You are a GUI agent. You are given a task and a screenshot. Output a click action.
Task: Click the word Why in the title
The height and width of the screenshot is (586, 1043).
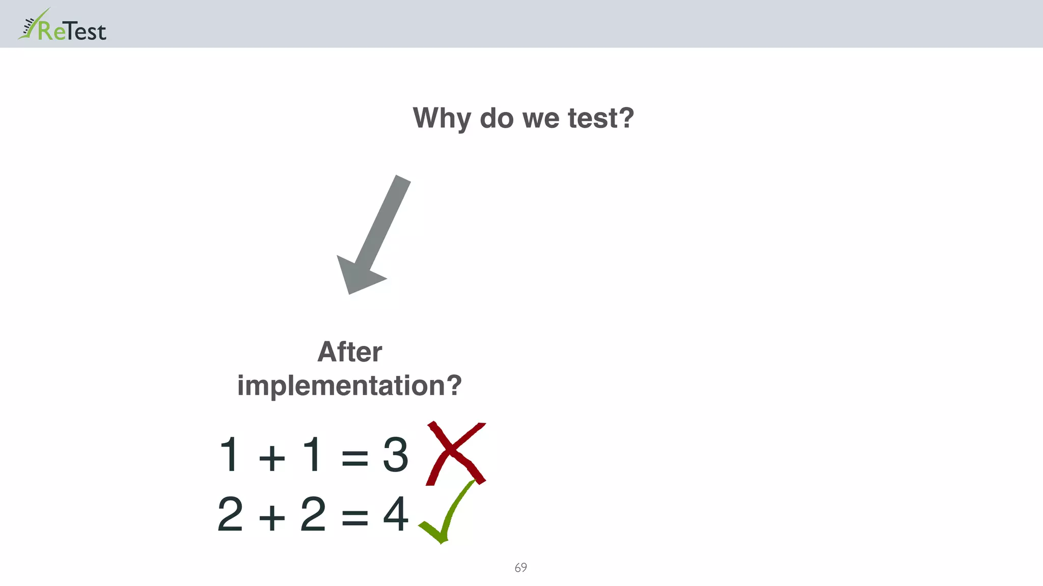(442, 118)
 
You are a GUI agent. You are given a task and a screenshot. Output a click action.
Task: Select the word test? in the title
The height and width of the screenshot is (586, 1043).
(601, 118)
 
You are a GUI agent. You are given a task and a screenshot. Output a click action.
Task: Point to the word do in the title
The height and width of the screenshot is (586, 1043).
(497, 118)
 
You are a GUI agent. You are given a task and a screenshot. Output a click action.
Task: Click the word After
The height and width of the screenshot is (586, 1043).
(349, 352)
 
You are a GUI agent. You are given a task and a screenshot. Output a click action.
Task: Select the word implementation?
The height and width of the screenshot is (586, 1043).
(349, 386)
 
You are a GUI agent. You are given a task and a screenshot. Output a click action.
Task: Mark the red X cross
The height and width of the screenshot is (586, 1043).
(455, 453)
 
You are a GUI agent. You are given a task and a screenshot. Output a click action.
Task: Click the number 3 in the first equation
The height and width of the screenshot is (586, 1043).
(395, 454)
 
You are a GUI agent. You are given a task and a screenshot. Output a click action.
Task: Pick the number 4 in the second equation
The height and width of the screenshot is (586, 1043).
(395, 514)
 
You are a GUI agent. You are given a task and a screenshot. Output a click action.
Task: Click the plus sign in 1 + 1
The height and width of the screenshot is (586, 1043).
(271, 457)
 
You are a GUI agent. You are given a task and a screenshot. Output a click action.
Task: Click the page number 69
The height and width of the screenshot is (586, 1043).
(520, 568)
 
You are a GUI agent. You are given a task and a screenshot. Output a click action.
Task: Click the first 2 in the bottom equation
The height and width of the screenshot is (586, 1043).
(230, 514)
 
